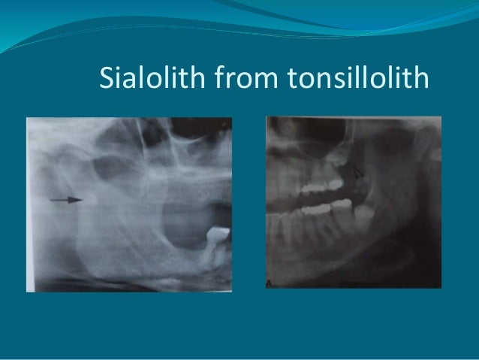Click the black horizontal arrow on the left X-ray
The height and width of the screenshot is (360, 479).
[65, 200]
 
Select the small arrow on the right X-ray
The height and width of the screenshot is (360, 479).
[360, 171]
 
